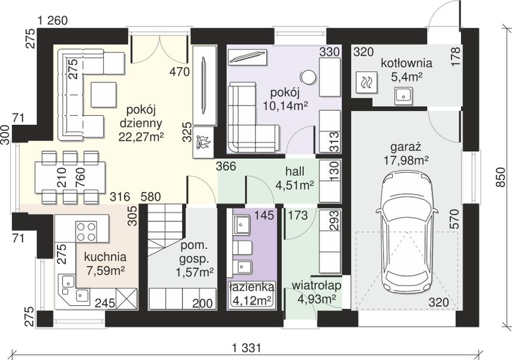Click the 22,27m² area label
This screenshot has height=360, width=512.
point(141,137)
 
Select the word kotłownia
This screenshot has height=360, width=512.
point(406,63)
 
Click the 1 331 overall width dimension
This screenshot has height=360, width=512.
point(247,348)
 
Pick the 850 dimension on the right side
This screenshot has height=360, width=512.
point(501,178)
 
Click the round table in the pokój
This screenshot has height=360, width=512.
point(308,77)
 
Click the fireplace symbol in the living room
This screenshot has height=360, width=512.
point(203,142)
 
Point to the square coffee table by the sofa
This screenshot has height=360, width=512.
point(104,95)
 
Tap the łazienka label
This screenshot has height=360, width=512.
point(251,287)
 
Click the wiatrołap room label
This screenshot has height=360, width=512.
point(317,286)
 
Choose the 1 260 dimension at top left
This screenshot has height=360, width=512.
point(53,21)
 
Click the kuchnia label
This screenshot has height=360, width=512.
point(105,257)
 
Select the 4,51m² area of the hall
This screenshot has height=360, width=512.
point(295,185)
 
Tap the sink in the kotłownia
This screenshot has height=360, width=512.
point(403,96)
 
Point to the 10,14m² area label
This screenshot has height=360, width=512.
point(286,106)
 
